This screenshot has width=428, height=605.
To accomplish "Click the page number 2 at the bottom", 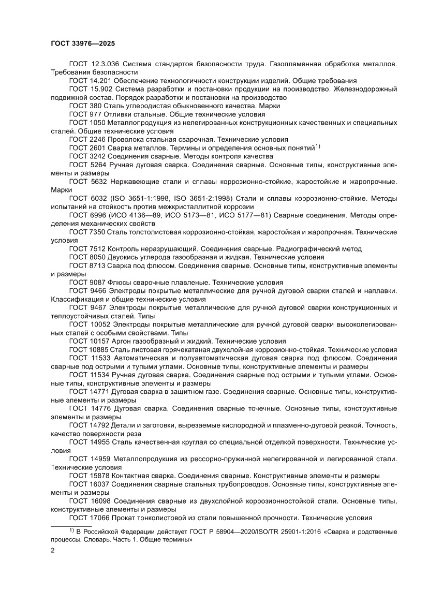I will click(53, 551).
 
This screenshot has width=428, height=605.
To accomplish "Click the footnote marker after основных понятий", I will click(318, 146).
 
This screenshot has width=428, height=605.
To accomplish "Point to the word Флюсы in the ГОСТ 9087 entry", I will click(119, 282).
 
